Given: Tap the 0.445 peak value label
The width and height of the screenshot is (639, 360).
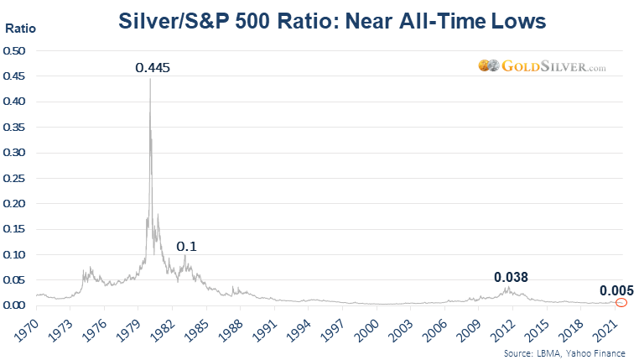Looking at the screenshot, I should [153, 67].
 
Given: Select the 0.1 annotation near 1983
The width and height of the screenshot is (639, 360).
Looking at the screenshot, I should [185, 246].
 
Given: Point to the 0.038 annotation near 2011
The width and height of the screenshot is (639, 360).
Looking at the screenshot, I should [511, 277].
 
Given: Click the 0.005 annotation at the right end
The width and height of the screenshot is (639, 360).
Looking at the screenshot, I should [616, 290].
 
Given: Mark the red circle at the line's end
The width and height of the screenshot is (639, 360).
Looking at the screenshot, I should [621, 303].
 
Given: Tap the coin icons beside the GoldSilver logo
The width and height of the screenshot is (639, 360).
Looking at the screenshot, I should [489, 65].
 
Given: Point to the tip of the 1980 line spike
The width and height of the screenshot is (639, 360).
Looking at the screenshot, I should [150, 79].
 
